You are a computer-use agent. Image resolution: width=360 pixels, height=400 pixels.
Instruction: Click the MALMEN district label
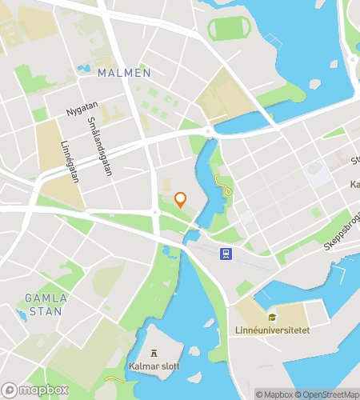(x=124, y=73)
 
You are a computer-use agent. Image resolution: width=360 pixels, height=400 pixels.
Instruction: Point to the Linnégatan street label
(x=71, y=162)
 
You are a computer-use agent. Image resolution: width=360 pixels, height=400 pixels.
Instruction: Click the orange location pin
(x=181, y=199)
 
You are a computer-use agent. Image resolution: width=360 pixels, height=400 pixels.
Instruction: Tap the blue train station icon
(x=226, y=254)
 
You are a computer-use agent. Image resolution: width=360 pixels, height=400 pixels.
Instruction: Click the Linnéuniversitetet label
(x=273, y=330)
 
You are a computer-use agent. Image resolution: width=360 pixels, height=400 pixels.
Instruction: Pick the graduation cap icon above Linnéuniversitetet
(x=272, y=317)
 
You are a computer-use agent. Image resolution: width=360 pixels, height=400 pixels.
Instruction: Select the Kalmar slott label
(x=154, y=367)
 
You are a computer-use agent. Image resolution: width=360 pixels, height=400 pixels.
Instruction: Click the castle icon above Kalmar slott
(x=154, y=354)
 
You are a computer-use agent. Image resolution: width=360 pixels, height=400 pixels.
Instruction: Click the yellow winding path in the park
(x=222, y=183)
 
